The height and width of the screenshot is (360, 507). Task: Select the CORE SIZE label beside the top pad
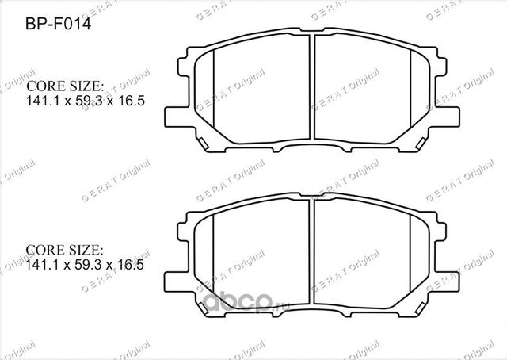[66, 86]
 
